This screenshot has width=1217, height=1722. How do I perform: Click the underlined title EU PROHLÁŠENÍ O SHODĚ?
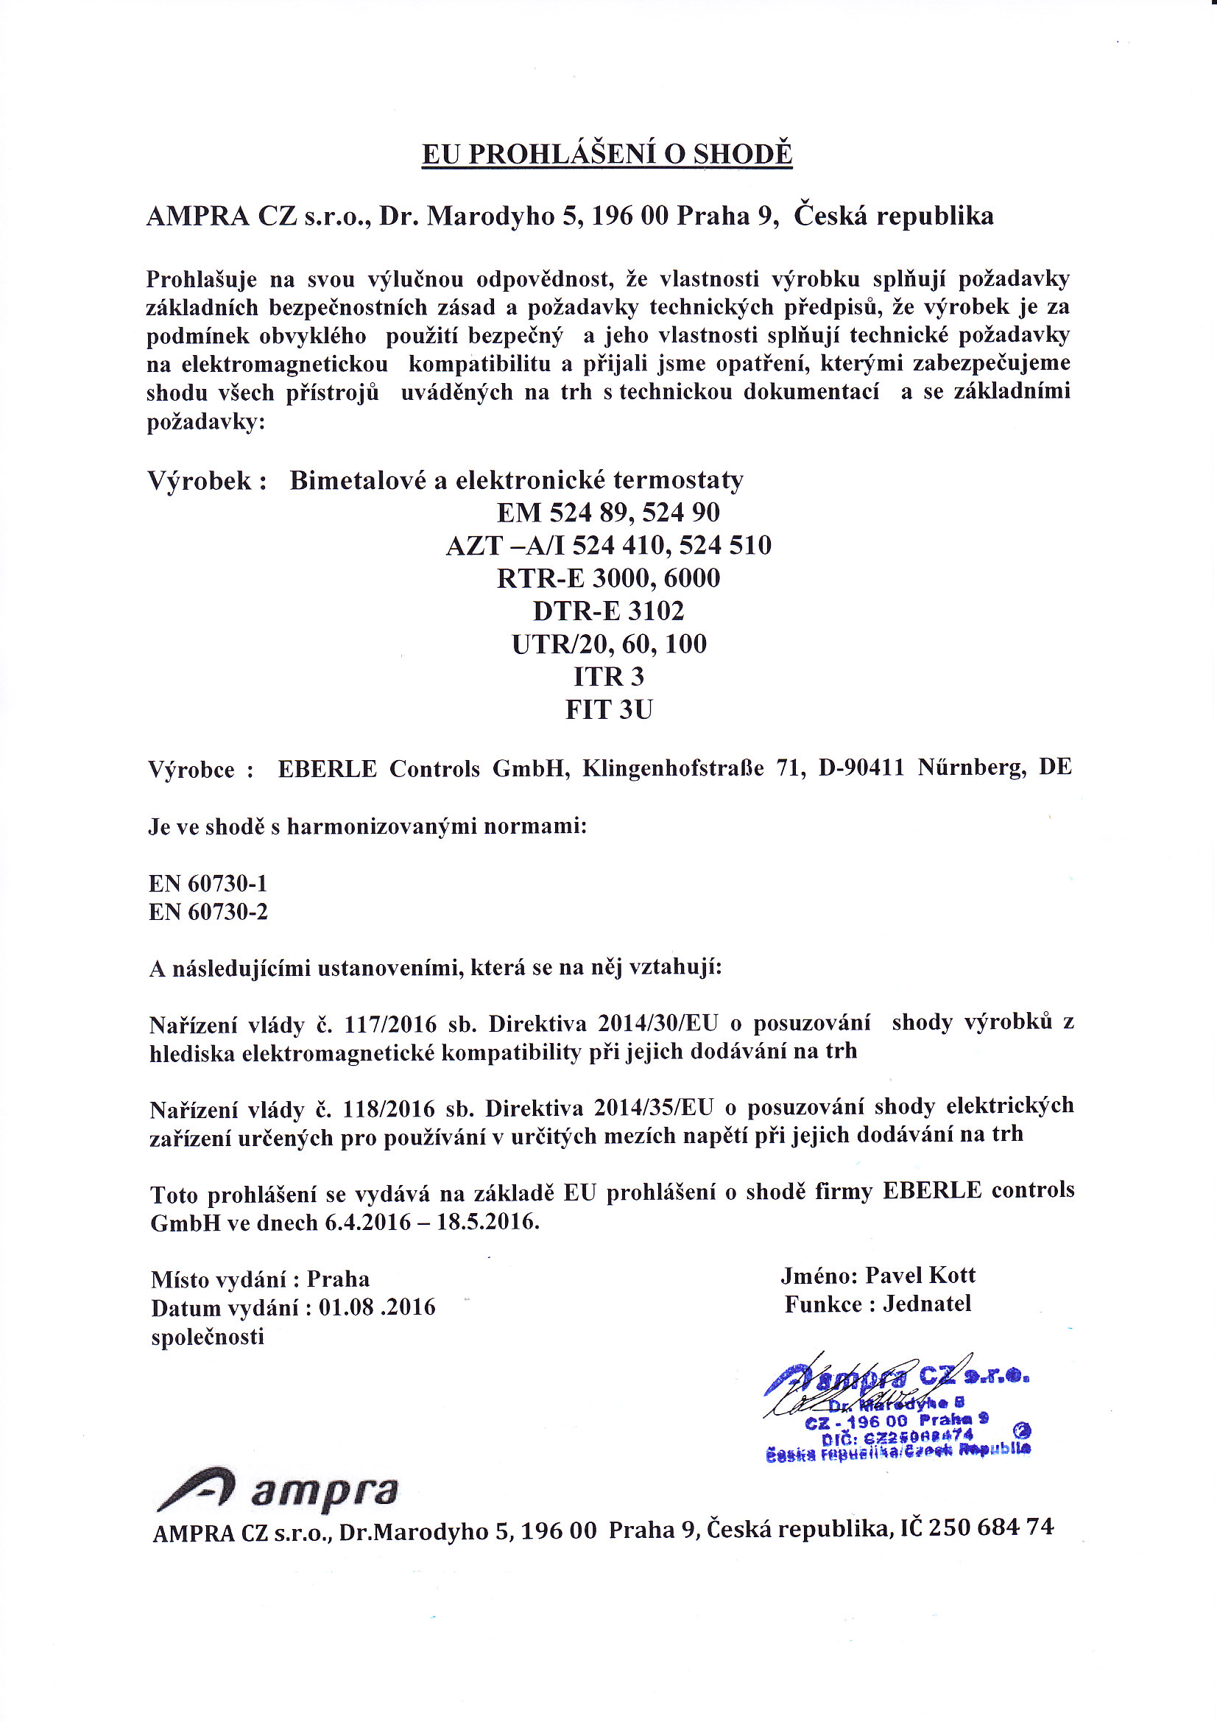(607, 154)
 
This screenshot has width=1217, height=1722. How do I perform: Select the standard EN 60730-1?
(208, 884)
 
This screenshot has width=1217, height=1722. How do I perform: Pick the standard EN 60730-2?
(208, 912)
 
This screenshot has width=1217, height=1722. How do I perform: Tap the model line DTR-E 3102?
(608, 611)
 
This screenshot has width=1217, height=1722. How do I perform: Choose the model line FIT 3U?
(608, 709)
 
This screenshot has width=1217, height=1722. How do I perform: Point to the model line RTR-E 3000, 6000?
(608, 578)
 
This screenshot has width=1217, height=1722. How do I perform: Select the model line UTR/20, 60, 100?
(608, 644)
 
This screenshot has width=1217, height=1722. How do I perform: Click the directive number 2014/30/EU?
(657, 1023)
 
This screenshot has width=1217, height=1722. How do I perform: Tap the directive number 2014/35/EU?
(653, 1107)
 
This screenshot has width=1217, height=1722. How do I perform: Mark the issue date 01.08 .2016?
(377, 1307)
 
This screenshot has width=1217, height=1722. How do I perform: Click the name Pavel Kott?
(920, 1275)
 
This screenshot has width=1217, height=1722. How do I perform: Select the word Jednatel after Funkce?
(927, 1304)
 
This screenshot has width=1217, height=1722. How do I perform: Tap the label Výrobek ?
(207, 480)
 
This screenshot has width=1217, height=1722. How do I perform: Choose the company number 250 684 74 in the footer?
(990, 1527)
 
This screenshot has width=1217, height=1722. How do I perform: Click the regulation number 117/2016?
(389, 1024)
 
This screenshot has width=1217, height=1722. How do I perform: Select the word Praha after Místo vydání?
(337, 1279)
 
